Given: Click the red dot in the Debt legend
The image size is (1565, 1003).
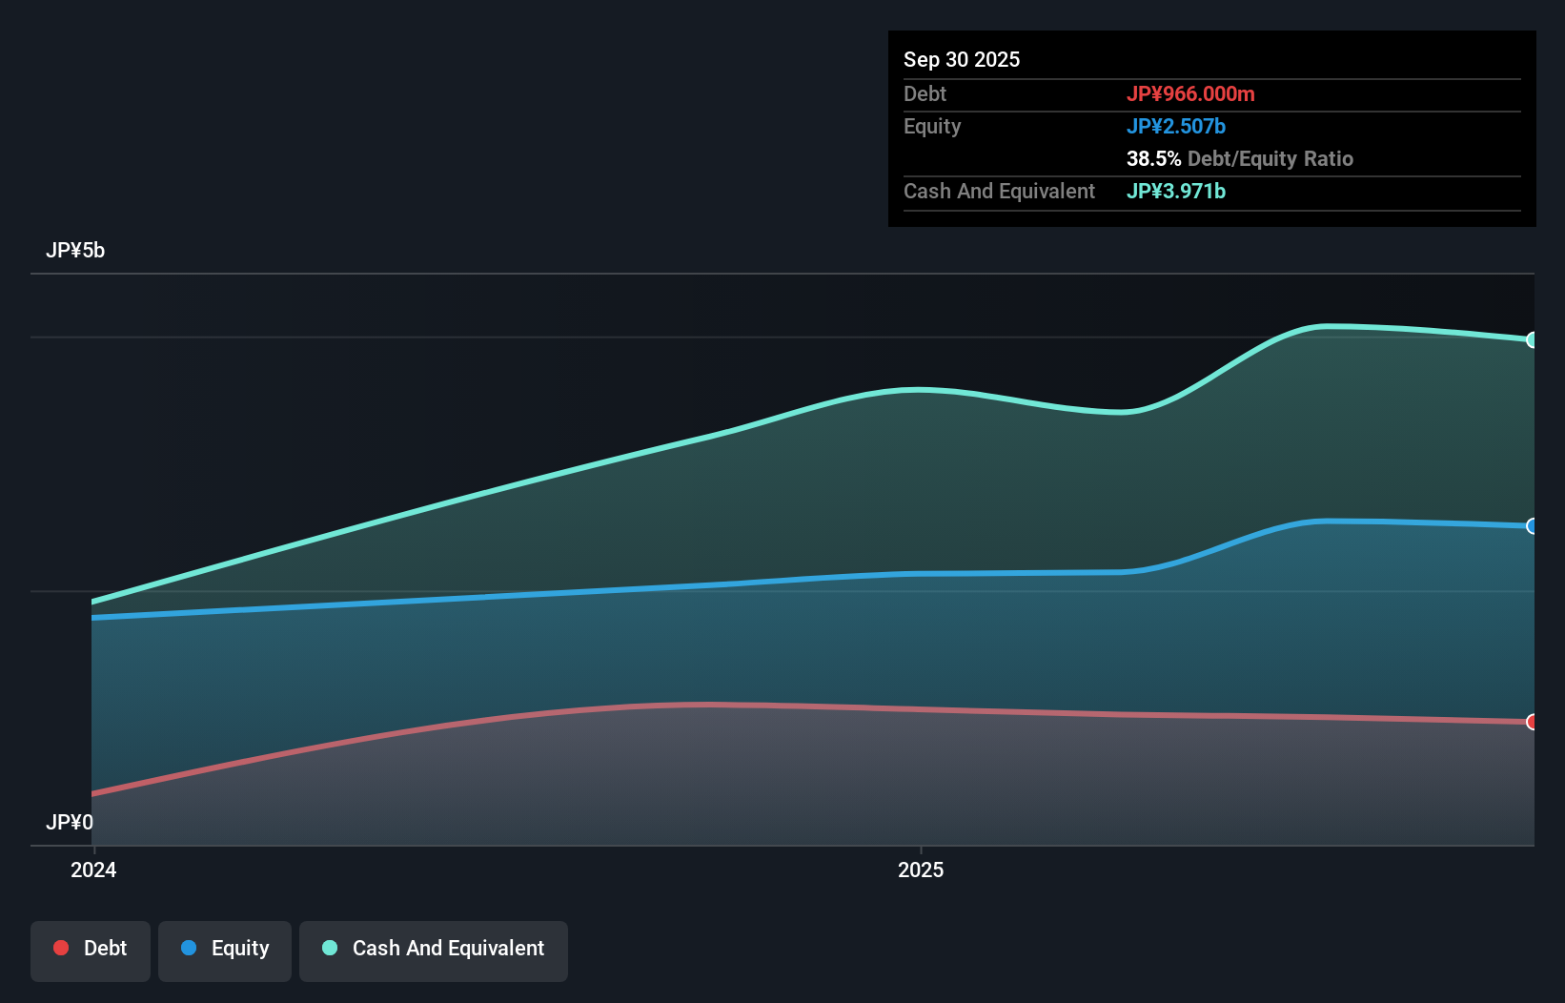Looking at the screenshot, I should click(x=61, y=948).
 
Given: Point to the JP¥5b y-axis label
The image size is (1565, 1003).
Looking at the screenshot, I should click(x=75, y=251).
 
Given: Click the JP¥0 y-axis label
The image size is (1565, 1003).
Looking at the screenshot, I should click(x=70, y=822).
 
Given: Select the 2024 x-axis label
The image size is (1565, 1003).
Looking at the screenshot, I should click(x=93, y=870).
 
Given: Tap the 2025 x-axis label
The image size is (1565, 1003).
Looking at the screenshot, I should click(x=921, y=870).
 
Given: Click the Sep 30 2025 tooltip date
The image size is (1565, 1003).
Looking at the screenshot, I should click(x=961, y=59).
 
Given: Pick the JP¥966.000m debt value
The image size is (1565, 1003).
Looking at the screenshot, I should click(x=1190, y=93).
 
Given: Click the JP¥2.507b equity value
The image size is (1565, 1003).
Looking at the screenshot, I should click(x=1175, y=126).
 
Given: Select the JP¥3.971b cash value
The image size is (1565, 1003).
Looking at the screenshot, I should click(x=1175, y=191).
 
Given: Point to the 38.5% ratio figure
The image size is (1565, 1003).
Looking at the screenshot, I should click(x=1153, y=158).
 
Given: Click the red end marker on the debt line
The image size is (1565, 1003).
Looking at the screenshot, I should click(x=1532, y=722).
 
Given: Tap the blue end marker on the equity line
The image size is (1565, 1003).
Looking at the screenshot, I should click(x=1532, y=526).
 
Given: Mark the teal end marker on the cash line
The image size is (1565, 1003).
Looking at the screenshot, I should click(x=1532, y=340).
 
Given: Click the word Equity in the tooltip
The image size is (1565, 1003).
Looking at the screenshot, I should click(x=931, y=126).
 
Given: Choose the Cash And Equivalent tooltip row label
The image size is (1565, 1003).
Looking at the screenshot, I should click(x=999, y=191).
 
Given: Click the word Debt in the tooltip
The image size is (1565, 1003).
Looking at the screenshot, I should click(x=925, y=93).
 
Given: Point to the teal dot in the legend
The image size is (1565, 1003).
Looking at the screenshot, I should click(x=330, y=948).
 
